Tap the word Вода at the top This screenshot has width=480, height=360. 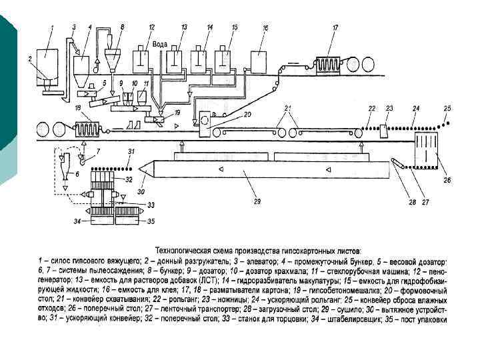(x=160, y=43)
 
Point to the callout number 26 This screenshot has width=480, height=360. (x=447, y=179)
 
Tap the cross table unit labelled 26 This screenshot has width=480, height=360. (x=424, y=150)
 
